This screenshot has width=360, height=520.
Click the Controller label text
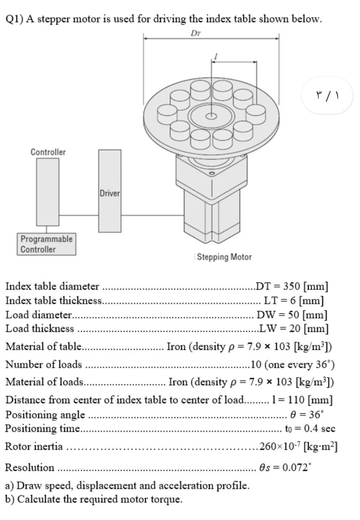pos(48,152)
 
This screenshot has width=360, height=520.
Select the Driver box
pos(110,191)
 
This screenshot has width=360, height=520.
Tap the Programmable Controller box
pos(47,244)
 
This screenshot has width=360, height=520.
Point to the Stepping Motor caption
pos(224,257)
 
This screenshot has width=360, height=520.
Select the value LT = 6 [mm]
pos(293,300)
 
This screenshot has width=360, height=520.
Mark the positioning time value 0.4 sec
pos(310,428)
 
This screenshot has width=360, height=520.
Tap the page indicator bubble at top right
pos(327,95)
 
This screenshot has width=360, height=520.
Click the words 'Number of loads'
pos(44,364)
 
